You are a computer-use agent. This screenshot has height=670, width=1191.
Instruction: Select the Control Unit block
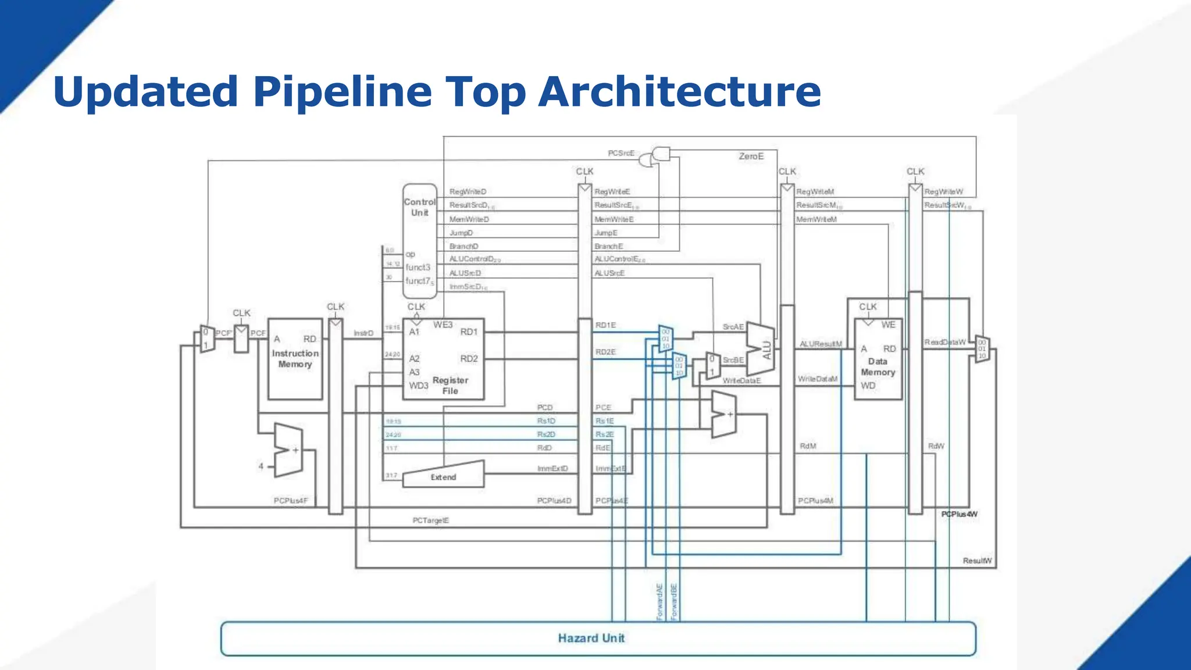419,233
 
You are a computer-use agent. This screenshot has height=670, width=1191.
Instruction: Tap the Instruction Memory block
295,358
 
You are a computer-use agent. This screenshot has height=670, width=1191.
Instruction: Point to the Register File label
450,385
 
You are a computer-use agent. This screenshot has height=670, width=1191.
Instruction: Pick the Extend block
443,476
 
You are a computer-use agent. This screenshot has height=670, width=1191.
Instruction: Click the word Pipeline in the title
343,92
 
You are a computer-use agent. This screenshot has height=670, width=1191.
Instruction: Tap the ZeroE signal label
751,156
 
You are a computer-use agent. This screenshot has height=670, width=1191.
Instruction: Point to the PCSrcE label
621,153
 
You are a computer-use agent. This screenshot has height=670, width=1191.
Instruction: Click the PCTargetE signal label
430,521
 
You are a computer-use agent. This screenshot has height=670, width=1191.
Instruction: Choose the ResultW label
977,561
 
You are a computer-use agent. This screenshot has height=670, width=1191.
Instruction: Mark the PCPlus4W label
959,514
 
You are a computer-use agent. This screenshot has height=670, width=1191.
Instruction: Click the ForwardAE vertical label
659,602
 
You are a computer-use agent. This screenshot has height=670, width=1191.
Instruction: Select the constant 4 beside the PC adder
261,466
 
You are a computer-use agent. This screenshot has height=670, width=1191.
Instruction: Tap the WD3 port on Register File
418,386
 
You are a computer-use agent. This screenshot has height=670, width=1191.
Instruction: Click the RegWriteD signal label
468,191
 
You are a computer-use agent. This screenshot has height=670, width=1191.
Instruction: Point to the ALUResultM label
820,344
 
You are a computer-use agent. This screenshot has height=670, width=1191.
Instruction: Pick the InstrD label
363,333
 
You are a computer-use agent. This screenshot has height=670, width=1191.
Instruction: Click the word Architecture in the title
679,92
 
